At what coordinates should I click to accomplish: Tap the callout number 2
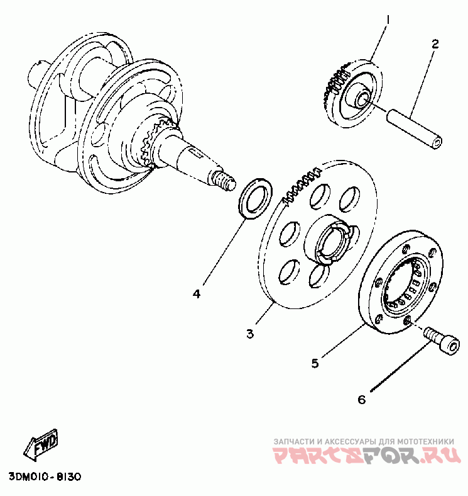coord(434,44)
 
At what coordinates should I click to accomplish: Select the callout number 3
coord(250,334)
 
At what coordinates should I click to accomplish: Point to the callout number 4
coord(197,293)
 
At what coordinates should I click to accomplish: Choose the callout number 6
coord(361,399)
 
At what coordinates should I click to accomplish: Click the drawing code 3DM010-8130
coord(45,476)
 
